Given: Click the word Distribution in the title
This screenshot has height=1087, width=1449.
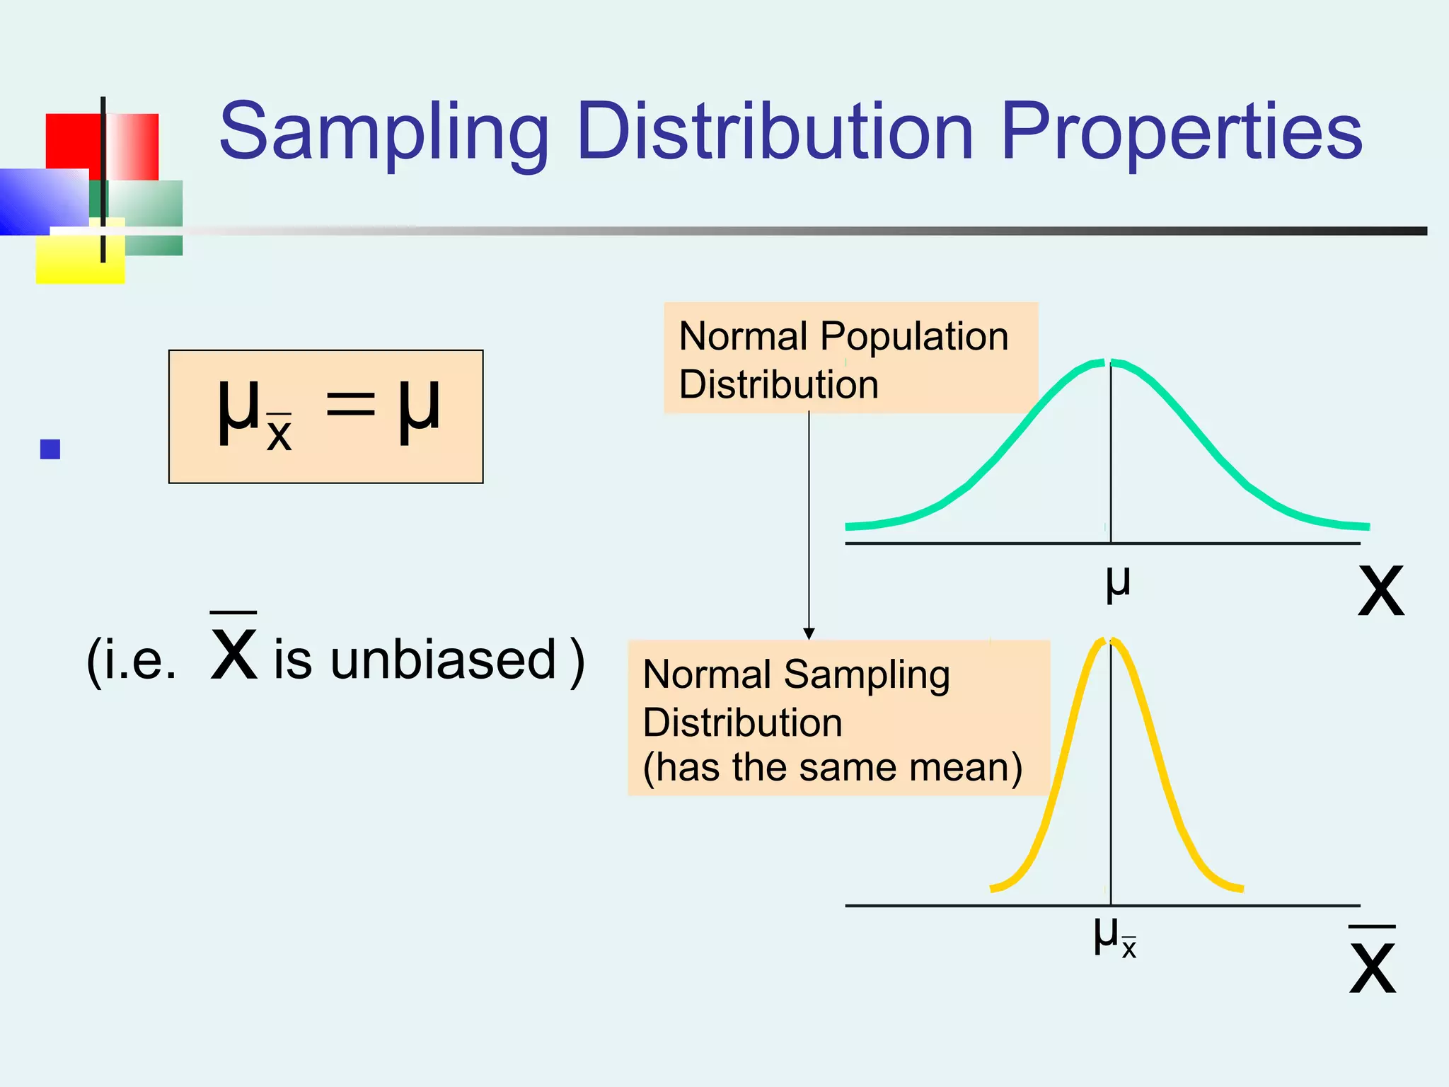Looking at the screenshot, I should [775, 132].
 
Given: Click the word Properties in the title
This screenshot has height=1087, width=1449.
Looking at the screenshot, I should [1182, 133].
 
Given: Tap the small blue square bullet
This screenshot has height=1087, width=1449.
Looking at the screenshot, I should [50, 449].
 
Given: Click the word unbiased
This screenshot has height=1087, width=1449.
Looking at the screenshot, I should [444, 659].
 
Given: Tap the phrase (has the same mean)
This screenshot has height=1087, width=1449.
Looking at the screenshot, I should [832, 767].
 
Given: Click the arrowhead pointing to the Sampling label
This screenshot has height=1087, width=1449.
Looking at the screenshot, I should [809, 633].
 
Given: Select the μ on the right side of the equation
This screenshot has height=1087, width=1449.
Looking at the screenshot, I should [419, 408].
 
